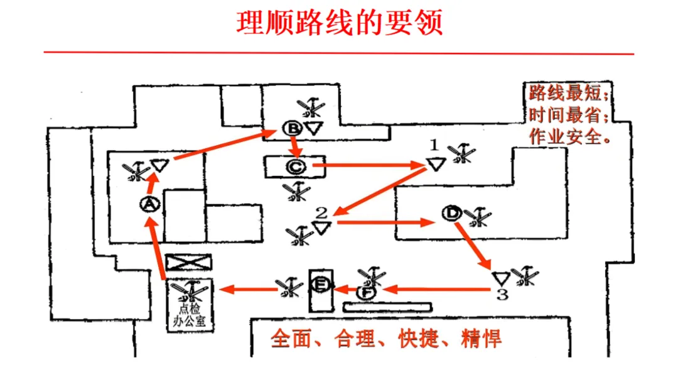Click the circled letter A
coord(149,204)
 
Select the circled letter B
coord(292,128)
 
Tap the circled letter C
coord(295,166)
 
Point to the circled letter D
coord(451,213)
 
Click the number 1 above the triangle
coord(433,145)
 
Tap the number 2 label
coord(321,212)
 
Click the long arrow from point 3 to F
coord(436,290)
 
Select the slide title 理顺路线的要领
coord(339,23)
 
